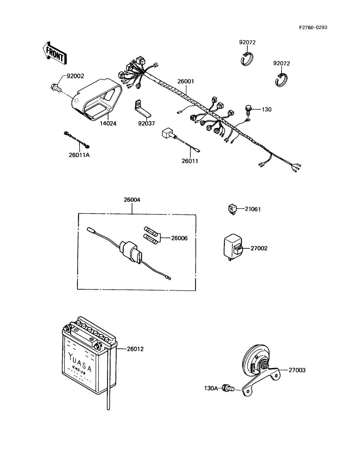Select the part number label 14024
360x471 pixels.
pos(108,123)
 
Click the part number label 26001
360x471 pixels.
pos(186,81)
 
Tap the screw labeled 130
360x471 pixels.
pos(249,110)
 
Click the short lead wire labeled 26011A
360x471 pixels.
pos(77,140)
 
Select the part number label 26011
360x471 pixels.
pos(190,161)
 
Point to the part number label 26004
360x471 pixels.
pos(132,200)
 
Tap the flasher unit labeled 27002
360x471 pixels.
pos(233,248)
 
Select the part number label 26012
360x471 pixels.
pos(135,349)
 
